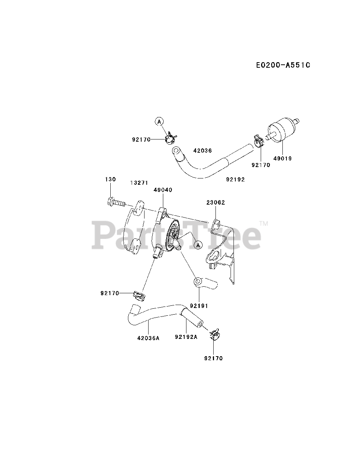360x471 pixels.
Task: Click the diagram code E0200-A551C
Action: click(x=283, y=65)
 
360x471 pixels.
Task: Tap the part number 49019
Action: click(x=282, y=159)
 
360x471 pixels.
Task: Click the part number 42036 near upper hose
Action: click(x=202, y=150)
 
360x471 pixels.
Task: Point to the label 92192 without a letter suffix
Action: click(x=235, y=180)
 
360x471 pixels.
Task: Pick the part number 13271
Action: click(x=139, y=182)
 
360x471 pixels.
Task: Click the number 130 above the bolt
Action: click(x=110, y=179)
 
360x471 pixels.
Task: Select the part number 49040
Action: click(x=163, y=190)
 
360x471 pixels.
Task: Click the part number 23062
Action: click(x=215, y=202)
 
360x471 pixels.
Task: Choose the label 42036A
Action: click(x=148, y=339)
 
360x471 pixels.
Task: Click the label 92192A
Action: click(x=186, y=336)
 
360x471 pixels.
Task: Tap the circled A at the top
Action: click(x=159, y=121)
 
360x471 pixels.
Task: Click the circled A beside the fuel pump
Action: click(x=198, y=244)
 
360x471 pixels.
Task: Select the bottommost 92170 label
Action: click(x=213, y=358)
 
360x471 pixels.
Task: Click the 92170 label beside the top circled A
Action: click(x=141, y=139)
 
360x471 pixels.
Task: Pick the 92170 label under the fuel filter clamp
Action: click(x=261, y=165)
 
